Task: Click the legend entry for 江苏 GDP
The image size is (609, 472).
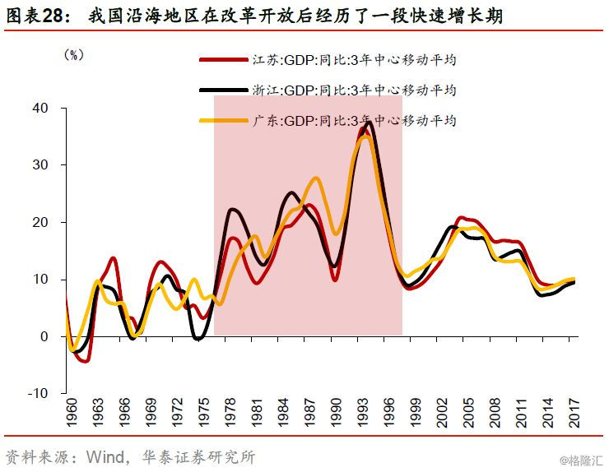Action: pos(328,60)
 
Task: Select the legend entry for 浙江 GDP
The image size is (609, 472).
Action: pos(328,90)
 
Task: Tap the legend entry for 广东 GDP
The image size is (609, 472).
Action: pos(328,121)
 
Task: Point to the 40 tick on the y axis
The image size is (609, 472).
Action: pos(40,108)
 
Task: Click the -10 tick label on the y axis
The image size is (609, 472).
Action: pos(38,393)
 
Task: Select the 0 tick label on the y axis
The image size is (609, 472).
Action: pos(44,336)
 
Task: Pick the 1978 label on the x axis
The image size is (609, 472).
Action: pos(230,412)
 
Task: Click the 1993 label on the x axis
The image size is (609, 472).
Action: pos(363,412)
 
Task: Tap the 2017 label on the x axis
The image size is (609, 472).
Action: pos(574,412)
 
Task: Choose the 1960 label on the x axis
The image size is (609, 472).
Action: pos(72,412)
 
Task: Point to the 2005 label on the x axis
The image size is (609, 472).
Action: pos(468,412)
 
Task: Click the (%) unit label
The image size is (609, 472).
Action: pos(74,55)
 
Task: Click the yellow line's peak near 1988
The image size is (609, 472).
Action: pos(316,178)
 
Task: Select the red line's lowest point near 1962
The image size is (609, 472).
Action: pos(86,361)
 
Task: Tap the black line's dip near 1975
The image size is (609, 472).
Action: pos(198,339)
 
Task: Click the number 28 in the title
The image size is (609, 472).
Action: pos(52,16)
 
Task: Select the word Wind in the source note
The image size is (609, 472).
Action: pos(104,457)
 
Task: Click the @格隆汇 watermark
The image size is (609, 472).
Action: pos(581,460)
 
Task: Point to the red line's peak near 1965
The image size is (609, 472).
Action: pos(114,258)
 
